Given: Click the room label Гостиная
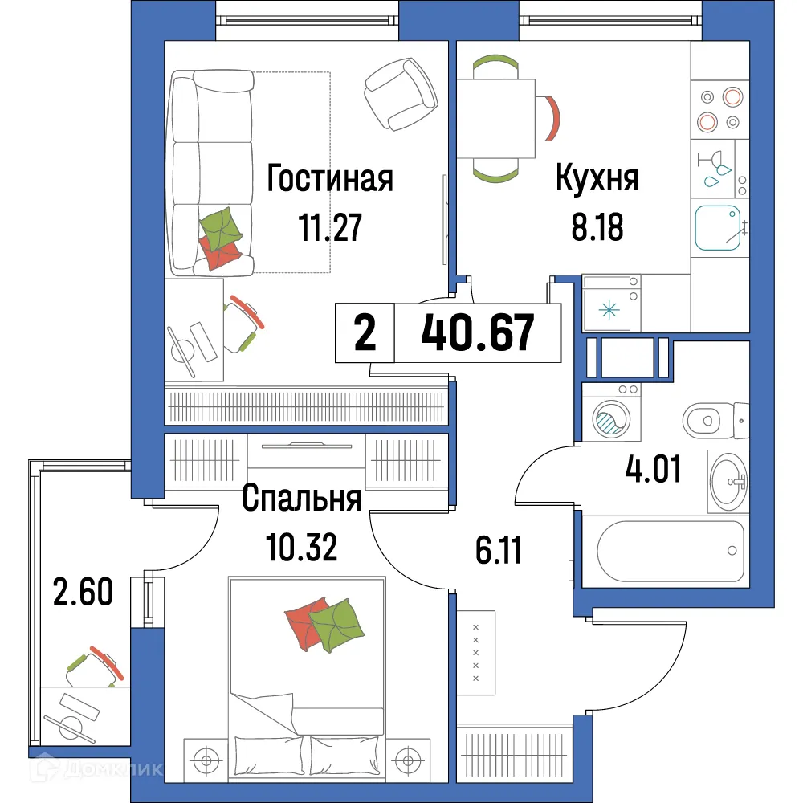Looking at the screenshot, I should [330, 178].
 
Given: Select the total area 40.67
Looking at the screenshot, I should [478, 333].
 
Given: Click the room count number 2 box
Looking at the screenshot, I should [365, 334].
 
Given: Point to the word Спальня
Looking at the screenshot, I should [301, 499].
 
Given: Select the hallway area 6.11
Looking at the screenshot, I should [498, 551].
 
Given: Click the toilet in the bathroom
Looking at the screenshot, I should [715, 418].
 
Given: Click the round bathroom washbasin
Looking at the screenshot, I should [728, 482].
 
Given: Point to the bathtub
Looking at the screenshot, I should [671, 551].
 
